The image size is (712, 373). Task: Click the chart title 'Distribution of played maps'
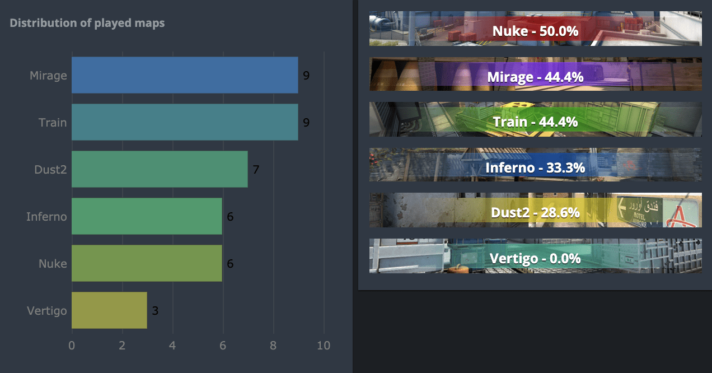tap(87, 23)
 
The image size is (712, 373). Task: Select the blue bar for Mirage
tap(185, 75)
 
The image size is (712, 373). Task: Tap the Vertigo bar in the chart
tap(109, 310)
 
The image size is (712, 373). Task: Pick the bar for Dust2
tap(160, 169)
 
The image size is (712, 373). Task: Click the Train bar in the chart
tap(185, 122)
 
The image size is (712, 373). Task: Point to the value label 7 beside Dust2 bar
tap(256, 169)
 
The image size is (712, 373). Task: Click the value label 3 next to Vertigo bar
tap(155, 310)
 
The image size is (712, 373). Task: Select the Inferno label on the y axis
tap(46, 216)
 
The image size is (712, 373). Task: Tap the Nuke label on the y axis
tap(53, 263)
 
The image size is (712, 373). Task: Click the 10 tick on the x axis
tap(324, 346)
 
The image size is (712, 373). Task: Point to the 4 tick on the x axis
tap(172, 346)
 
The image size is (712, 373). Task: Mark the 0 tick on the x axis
tap(72, 346)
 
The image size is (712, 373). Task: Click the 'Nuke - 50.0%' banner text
tap(535, 31)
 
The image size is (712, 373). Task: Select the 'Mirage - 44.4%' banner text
tap(535, 76)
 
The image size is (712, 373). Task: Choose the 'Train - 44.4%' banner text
tap(535, 122)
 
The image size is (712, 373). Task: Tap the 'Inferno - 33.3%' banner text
tap(535, 167)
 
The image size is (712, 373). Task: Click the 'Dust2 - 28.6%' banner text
tap(535, 212)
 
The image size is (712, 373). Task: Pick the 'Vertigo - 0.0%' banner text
tap(535, 258)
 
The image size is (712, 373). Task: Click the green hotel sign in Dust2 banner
tap(639, 211)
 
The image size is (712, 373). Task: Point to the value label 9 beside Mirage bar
tap(306, 75)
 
